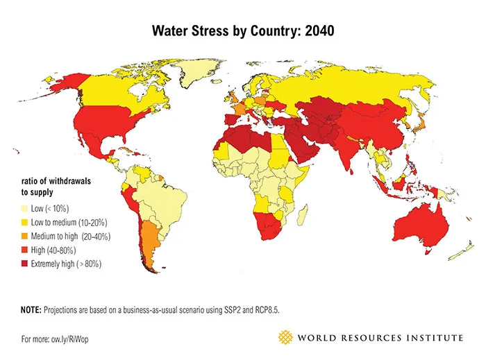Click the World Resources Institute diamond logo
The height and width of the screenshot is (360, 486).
pyautogui.click(x=285, y=338)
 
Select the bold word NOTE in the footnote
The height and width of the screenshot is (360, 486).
pyautogui.click(x=31, y=310)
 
